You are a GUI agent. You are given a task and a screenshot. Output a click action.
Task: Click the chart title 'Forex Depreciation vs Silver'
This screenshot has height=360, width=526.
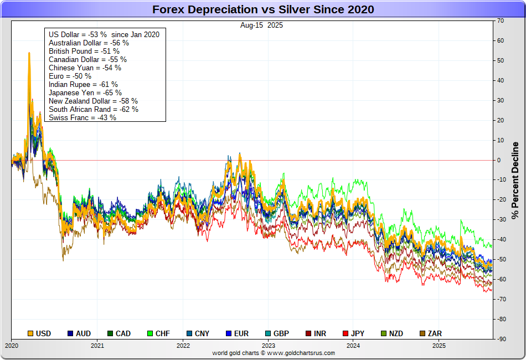(263, 9)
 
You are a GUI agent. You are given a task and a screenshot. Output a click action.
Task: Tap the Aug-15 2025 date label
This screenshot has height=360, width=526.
(262, 25)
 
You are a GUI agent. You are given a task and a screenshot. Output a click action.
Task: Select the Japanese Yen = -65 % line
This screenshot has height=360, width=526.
(85, 92)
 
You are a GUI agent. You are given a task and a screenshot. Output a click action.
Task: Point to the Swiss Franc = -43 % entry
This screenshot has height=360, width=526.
(82, 117)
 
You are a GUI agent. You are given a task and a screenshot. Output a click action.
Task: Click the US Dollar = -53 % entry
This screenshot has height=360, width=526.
(104, 34)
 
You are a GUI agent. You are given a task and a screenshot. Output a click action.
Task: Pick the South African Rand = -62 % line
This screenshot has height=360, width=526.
(94, 109)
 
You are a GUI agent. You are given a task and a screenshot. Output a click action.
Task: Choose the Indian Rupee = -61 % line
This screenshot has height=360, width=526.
(83, 84)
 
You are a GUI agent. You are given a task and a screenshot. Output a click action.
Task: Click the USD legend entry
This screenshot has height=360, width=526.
(39, 333)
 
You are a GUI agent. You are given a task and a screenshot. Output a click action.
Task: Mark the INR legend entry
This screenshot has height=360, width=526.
(316, 333)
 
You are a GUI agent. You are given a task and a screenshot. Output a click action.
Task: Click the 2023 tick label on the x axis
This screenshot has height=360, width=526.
(268, 346)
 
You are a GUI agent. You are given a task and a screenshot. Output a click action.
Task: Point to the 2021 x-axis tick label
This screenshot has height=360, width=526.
(97, 346)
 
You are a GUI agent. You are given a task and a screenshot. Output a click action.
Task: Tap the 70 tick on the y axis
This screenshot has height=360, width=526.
(501, 21)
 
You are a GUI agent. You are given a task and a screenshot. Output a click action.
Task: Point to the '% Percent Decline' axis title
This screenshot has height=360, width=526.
(515, 179)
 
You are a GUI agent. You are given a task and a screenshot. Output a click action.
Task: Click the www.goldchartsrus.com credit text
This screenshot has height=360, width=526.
(274, 353)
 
